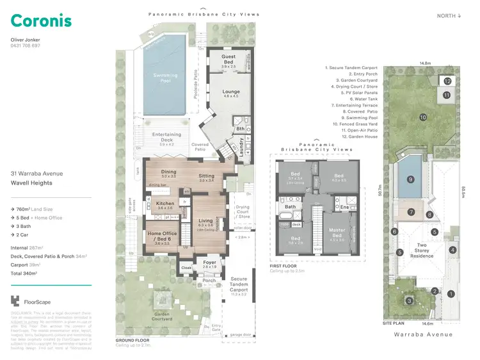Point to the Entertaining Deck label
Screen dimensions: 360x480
(166, 136)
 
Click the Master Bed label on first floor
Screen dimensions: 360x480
(337, 232)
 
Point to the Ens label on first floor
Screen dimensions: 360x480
(344, 207)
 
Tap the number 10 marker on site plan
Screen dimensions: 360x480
(423, 117)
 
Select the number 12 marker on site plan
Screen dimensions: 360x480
(447, 81)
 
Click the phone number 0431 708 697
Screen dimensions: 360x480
(26, 46)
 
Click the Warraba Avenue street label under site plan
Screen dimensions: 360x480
(423, 334)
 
